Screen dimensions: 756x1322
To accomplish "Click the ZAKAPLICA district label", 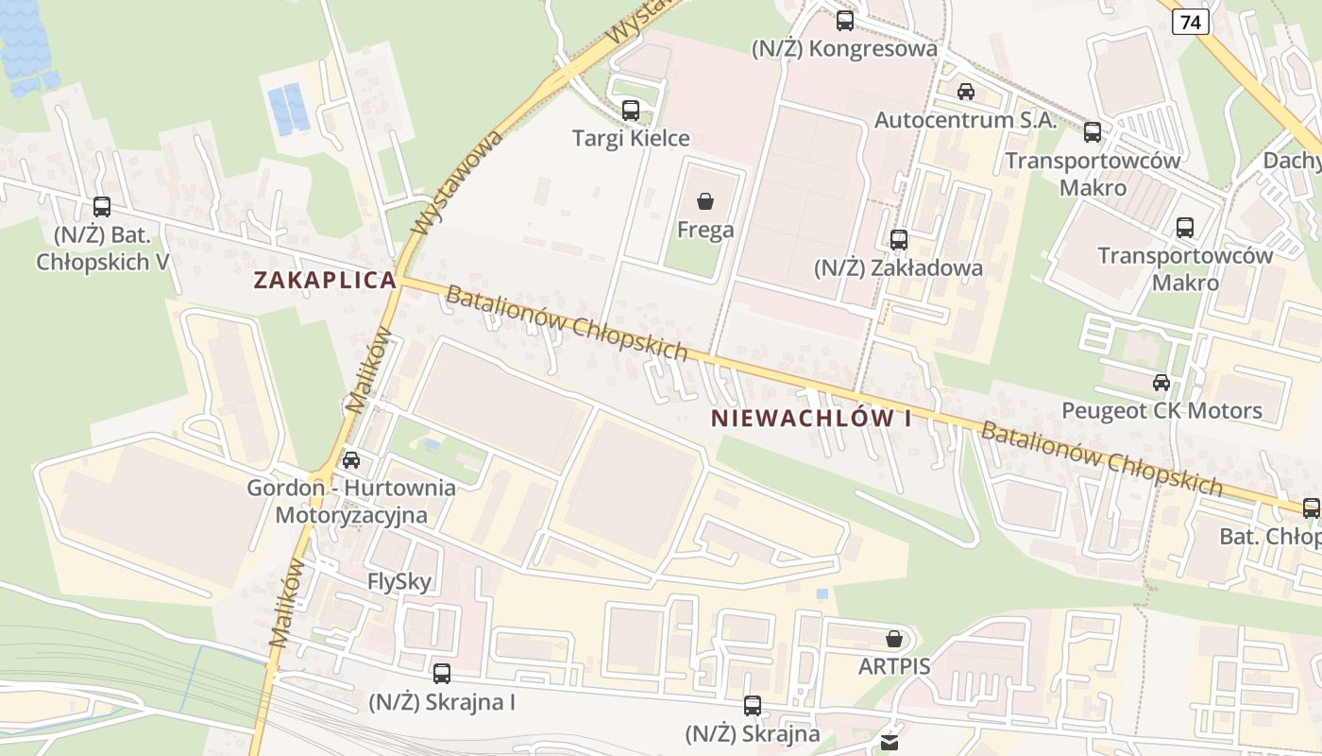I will click(325, 280).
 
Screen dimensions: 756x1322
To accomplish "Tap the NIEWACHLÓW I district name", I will click(811, 418).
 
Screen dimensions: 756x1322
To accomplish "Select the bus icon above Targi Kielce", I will click(631, 111).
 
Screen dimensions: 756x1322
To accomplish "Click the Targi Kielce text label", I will click(631, 138).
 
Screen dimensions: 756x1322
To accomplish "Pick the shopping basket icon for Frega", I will click(704, 201).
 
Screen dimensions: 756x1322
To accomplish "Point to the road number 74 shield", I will click(1192, 22).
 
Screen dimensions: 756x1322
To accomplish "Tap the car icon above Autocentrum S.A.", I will click(965, 92).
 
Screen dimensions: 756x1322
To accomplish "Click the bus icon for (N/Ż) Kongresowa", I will click(845, 20).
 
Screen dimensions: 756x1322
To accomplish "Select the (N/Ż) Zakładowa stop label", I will click(898, 267).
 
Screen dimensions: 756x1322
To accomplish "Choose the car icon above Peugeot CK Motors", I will click(1161, 383).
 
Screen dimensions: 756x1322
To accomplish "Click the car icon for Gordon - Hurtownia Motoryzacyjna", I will click(351, 460).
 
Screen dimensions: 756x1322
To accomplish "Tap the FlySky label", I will click(399, 581).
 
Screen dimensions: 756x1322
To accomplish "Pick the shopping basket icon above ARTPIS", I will click(894, 639).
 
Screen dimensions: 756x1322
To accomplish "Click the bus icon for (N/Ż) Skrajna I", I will click(442, 674).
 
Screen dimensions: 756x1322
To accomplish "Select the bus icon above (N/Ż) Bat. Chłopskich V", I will click(102, 207).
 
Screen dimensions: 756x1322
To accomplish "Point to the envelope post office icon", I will click(890, 743).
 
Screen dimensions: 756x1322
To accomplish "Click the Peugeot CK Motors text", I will click(1161, 410).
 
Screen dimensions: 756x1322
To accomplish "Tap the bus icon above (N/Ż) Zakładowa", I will click(899, 240).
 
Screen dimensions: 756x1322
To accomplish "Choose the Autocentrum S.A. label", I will click(965, 120).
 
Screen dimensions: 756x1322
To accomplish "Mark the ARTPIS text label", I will click(894, 666).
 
